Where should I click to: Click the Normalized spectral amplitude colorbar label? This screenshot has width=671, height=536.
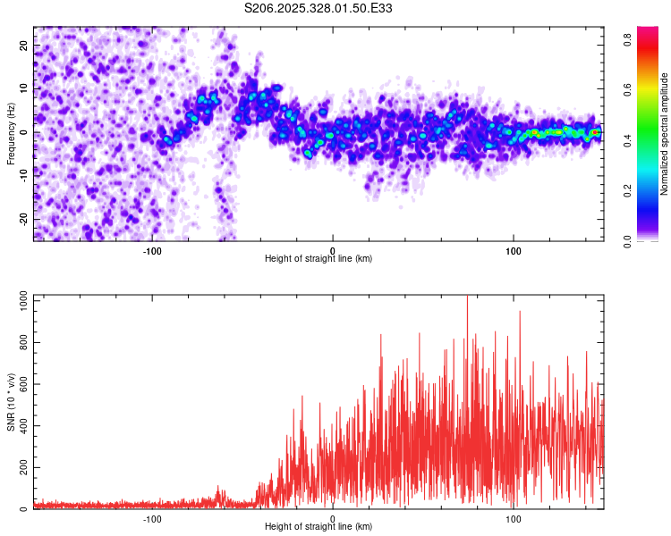pos(664,134)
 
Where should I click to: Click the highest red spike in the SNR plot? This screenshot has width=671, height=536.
pos(467,297)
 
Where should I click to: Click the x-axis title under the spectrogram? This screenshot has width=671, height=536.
pos(319,258)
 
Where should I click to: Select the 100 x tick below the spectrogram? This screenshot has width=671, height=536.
pos(514,250)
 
